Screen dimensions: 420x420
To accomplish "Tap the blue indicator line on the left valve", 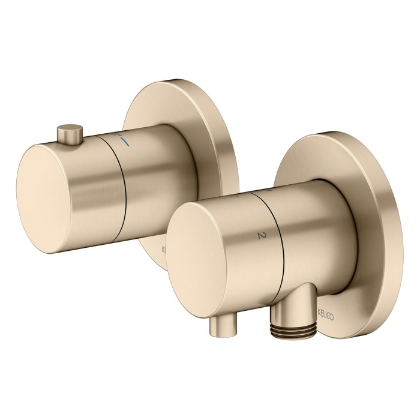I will tap(124, 143).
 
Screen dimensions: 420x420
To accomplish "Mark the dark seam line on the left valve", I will tap(125, 186).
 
